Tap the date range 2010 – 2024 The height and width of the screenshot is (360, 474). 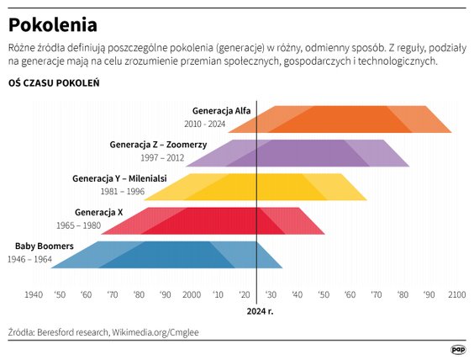pyautogui.click(x=206, y=124)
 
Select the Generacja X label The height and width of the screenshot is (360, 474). pyautogui.click(x=99, y=211)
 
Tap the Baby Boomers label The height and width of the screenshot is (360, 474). pyautogui.click(x=45, y=246)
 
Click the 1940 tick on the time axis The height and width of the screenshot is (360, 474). pyautogui.click(x=34, y=294)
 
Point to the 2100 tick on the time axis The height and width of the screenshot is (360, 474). pyautogui.click(x=456, y=294)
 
